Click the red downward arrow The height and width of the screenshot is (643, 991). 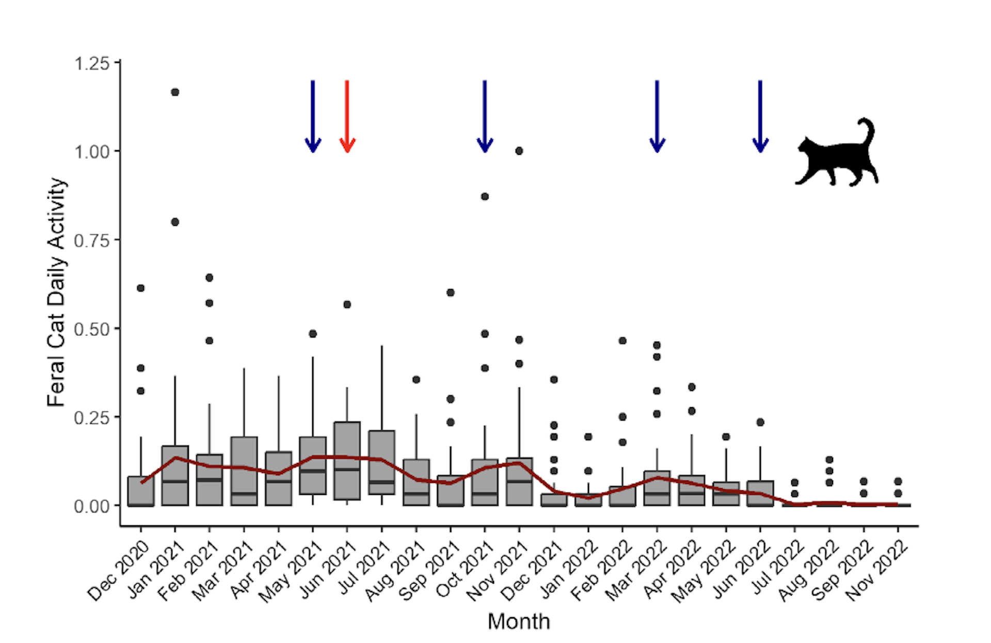click(347, 116)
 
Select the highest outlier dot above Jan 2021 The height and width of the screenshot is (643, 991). click(175, 92)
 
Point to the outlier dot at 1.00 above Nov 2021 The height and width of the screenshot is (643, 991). click(519, 151)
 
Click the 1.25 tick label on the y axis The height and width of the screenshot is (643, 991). click(92, 63)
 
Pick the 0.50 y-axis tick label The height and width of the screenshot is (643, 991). click(92, 329)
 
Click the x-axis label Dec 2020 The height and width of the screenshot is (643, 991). click(118, 571)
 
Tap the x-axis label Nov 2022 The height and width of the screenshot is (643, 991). click(876, 571)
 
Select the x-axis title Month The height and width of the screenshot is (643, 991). click(519, 621)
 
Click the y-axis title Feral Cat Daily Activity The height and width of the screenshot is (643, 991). click(56, 292)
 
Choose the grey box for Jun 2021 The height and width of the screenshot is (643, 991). click(347, 461)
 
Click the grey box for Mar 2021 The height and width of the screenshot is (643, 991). click(244, 471)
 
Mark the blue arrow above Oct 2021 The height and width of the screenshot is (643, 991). click(485, 116)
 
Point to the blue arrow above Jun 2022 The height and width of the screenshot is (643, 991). click(760, 116)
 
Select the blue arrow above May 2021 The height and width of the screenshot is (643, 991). click(313, 116)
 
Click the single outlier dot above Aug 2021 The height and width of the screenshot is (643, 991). click(416, 380)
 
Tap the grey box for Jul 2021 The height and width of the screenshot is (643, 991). click(381, 462)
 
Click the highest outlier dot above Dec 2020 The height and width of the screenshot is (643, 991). click(140, 288)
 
